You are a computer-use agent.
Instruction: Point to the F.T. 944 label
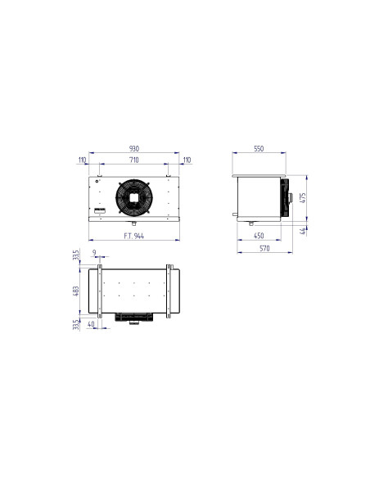pos(134,235)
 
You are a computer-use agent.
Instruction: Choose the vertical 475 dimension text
pos(304,196)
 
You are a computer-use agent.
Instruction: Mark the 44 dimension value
pos(304,231)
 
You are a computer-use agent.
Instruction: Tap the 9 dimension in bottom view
pos(95,254)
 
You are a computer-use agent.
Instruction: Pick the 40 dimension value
pos(91,324)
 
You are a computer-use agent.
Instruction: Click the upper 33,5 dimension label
pos(76,255)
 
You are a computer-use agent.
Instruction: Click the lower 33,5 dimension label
pos(76,325)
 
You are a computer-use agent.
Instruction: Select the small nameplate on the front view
pos(101,211)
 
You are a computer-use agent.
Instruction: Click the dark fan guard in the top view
pos(134,317)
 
